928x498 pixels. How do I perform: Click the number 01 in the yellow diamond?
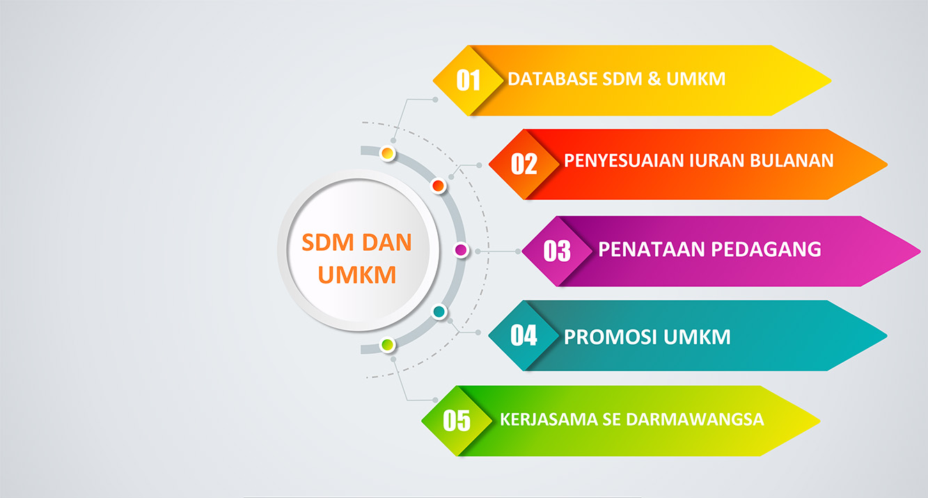tap(468, 80)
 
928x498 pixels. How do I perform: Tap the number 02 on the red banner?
tap(524, 164)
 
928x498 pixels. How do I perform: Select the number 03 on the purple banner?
tap(557, 251)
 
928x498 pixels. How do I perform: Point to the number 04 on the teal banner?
tap(524, 335)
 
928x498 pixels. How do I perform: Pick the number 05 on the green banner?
tap(457, 421)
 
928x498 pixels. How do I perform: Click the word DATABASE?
tap(552, 79)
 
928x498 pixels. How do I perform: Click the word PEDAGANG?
tap(766, 249)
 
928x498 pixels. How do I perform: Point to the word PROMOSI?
tap(611, 337)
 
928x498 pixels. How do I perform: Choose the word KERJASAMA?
tap(549, 419)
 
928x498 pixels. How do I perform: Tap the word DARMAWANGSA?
tap(695, 419)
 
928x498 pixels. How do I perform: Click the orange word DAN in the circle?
tap(387, 242)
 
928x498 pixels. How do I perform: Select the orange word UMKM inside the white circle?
tap(356, 274)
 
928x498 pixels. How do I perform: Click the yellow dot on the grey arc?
tap(387, 154)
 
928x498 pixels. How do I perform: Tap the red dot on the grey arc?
tap(439, 185)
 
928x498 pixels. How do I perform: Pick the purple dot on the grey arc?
tap(461, 250)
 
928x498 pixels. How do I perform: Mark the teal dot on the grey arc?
tap(439, 311)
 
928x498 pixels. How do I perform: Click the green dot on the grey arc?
tap(387, 345)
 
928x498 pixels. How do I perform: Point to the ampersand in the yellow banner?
tap(654, 79)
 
